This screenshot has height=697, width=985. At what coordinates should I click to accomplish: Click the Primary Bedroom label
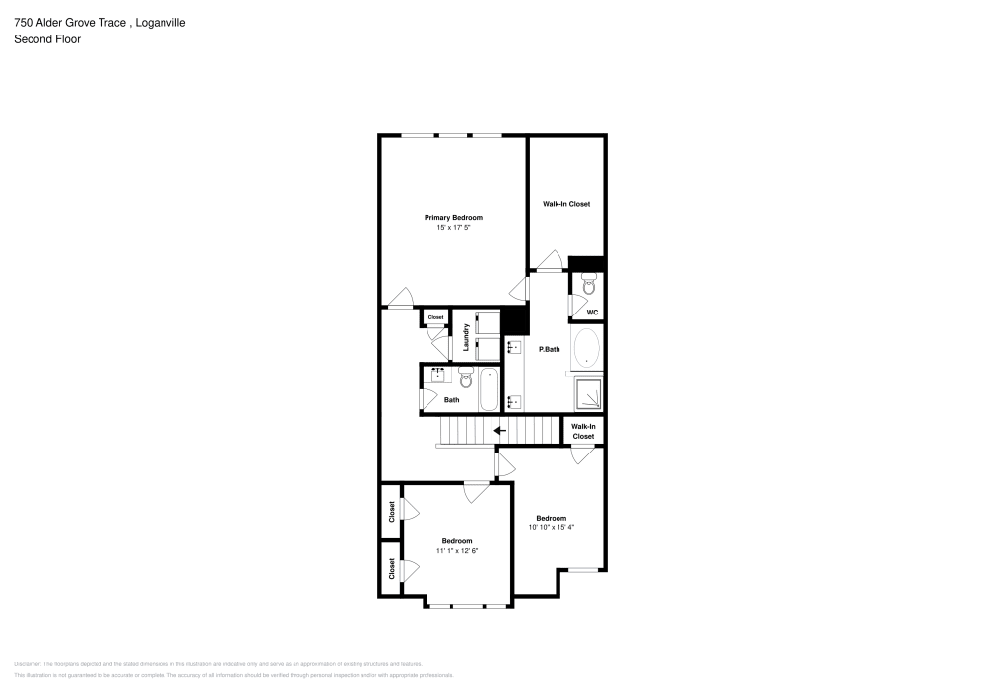coord(453,217)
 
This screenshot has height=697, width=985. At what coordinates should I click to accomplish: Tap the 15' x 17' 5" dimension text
coord(453,228)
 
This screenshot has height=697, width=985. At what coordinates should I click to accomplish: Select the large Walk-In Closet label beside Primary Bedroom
coord(566,204)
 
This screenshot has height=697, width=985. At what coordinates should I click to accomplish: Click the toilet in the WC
coord(588,287)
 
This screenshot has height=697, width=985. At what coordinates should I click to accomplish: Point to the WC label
coord(592,313)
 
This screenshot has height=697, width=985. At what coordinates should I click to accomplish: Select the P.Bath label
coord(549,349)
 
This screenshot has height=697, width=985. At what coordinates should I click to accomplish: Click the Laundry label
coord(464,338)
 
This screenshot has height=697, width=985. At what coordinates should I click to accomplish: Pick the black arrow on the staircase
coord(499,430)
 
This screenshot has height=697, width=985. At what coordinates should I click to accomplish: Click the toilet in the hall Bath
coord(467,377)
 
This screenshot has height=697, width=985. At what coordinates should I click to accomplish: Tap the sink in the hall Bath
coord(438,375)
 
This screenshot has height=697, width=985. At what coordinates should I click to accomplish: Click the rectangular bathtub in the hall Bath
coord(489,389)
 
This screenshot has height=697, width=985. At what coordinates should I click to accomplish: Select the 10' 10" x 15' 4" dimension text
coord(551,527)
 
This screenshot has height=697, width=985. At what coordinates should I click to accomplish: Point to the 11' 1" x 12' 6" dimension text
coord(457,550)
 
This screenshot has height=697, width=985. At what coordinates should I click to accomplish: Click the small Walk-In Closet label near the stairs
coord(583,431)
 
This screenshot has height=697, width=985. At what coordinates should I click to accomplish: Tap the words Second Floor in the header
coord(46,39)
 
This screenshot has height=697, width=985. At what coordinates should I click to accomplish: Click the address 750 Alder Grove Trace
coord(68,22)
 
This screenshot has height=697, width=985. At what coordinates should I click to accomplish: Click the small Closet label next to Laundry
coord(435,317)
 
